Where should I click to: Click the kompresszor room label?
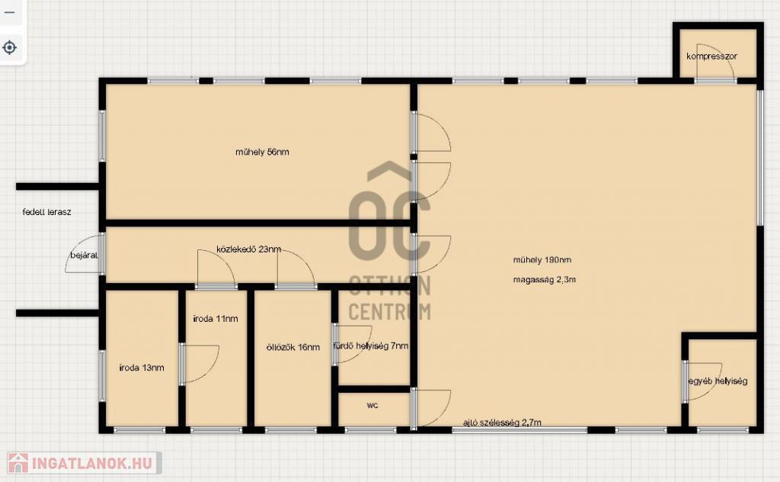point(711,56)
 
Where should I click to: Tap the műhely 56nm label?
point(262,152)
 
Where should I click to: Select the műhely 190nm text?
point(542,259)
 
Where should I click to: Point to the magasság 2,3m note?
point(544,279)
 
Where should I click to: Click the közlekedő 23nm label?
point(249,249)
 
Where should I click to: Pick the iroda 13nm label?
point(142,368)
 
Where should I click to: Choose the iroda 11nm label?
point(216,319)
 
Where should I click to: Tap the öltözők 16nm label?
point(293,347)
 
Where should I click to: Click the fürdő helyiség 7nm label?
point(371,345)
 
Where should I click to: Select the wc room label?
point(372,405)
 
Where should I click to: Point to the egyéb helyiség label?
point(718,381)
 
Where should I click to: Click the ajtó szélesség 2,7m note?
point(502,423)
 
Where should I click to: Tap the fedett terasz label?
point(46,212)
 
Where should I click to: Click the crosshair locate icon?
point(9,48)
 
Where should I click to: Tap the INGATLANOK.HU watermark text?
point(92,464)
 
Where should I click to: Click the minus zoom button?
point(9,12)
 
